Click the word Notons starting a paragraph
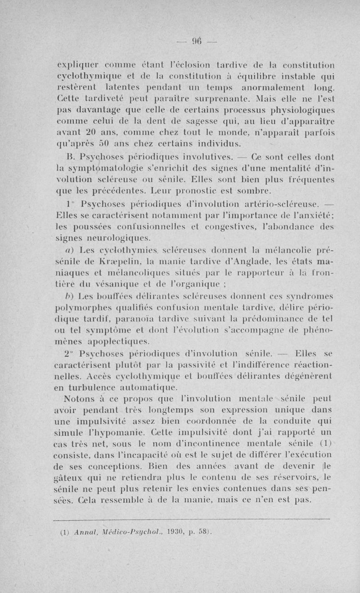coord(79,399)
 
